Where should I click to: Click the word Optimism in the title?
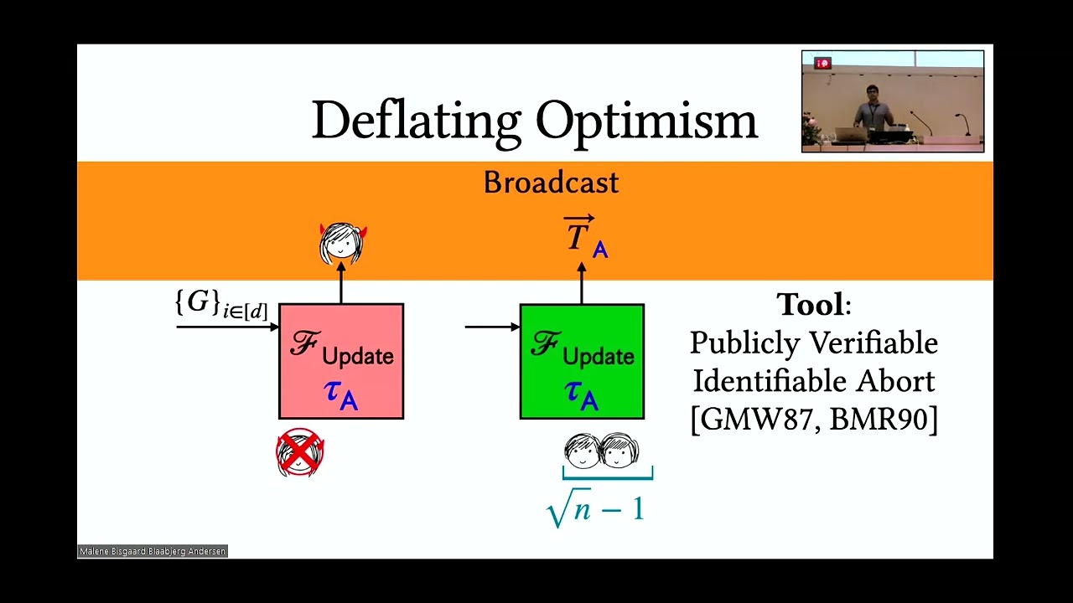646,121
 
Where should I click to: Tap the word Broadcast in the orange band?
551,183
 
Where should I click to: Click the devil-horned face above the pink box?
342,243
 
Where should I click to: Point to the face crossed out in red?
300,453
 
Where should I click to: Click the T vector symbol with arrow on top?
578,235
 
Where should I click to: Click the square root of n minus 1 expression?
595,508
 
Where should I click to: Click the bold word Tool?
810,304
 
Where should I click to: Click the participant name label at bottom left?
153,551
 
